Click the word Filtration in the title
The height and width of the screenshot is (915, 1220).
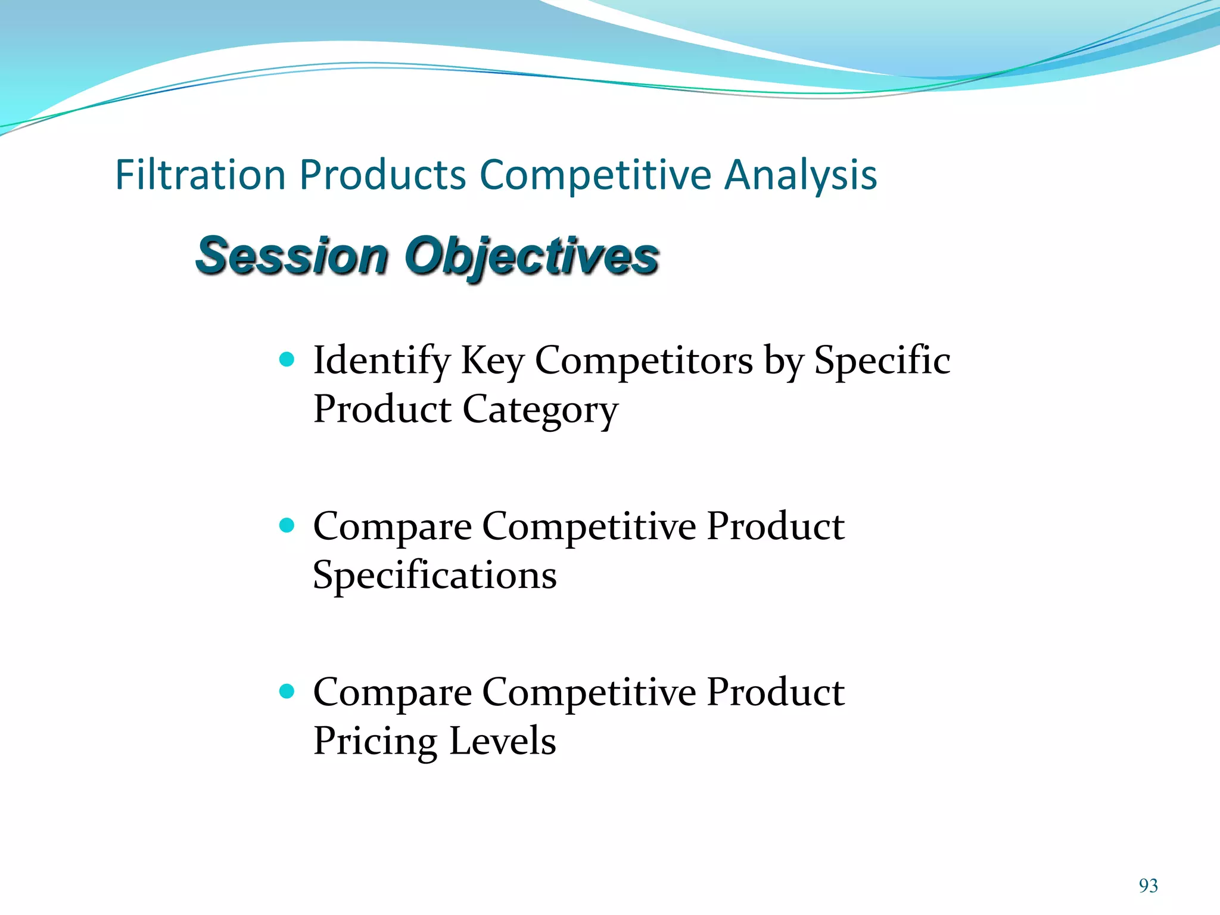coord(200,175)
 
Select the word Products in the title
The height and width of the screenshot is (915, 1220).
coord(382,175)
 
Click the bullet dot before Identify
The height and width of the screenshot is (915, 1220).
coord(287,359)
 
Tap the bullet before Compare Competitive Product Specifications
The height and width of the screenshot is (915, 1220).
coord(287,525)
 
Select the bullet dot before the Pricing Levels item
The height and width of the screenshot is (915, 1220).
coord(287,691)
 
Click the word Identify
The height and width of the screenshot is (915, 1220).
coord(381,361)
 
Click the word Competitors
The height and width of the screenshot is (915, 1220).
coord(643,361)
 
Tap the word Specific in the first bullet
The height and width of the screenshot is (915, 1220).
coord(882,361)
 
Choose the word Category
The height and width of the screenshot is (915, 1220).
coord(540,411)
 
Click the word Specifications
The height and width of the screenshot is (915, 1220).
coord(435,575)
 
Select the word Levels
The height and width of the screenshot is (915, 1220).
coord(502,742)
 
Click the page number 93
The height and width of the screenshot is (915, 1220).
coord(1148,886)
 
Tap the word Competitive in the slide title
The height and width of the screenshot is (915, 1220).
coord(595,175)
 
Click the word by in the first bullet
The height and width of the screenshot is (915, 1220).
coord(783,361)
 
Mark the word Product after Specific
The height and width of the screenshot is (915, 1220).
coord(382,410)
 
